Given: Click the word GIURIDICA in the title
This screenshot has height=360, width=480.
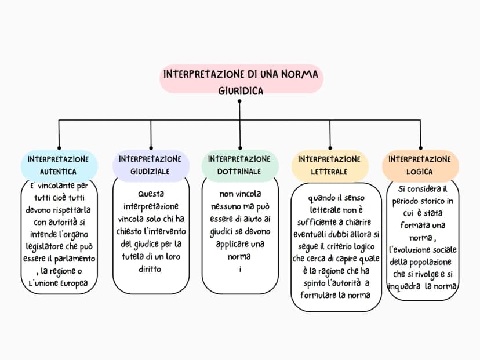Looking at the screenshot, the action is [x=241, y=91].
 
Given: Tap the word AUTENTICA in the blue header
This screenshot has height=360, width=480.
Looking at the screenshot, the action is [x=58, y=172].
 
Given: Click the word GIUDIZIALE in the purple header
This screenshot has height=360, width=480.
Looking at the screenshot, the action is [x=150, y=172].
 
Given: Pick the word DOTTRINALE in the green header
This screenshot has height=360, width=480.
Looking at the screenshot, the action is [x=239, y=172].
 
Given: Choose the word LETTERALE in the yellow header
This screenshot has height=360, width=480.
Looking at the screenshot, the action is [x=329, y=172].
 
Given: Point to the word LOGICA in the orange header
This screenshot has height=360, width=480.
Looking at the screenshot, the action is [x=419, y=172].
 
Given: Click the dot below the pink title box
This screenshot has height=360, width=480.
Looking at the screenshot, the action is [x=239, y=101].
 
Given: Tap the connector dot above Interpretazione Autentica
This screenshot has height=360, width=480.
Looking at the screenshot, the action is [x=59, y=148].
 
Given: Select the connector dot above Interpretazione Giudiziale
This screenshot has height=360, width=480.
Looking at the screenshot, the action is [x=151, y=148].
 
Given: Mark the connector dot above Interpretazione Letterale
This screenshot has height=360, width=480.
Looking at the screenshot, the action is [x=330, y=148].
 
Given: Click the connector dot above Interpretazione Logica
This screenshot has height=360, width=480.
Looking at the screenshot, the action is [x=421, y=148].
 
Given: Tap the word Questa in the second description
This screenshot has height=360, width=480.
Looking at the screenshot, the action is [x=151, y=194].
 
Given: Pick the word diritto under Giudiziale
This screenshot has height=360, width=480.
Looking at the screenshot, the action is [x=150, y=269].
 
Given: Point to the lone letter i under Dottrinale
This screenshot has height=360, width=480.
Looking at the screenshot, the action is [x=241, y=270].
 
